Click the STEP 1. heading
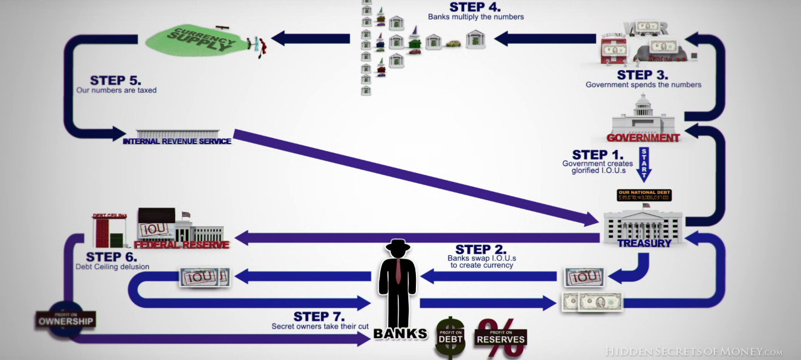tap(598, 155)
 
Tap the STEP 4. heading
tap(475, 7)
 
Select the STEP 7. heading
tap(319, 316)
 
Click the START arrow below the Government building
tap(644, 164)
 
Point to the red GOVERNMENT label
tap(643, 137)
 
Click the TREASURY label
tap(644, 243)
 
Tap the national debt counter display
tap(644, 196)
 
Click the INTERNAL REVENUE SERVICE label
tap(177, 141)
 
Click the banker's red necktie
tap(398, 270)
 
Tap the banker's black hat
tap(398, 245)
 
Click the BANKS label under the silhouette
tap(400, 334)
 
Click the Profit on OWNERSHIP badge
tap(65, 320)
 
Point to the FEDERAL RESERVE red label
tap(181, 245)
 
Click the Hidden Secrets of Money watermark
tap(694, 352)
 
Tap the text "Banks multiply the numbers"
tap(475, 17)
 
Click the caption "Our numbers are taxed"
tap(117, 90)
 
